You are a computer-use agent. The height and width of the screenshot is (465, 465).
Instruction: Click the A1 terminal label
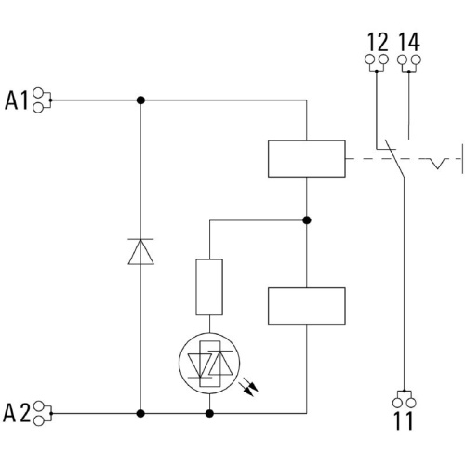pos(17,100)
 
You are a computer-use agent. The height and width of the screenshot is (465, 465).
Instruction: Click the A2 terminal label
pos(17,413)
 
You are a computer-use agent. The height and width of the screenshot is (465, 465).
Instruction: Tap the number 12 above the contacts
pos(378,42)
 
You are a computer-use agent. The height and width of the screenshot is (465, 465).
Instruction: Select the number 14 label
pos(409,42)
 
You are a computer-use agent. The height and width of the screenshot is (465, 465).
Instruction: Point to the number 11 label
pos(404,420)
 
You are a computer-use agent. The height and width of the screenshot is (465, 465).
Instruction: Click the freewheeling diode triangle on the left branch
pos(140,251)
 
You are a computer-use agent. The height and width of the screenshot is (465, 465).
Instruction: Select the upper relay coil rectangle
pos(307,159)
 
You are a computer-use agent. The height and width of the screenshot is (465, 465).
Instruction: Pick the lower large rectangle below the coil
pos(307,306)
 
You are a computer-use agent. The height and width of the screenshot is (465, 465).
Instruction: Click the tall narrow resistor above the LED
pos(209,287)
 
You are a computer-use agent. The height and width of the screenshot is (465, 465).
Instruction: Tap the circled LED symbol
pos(209,364)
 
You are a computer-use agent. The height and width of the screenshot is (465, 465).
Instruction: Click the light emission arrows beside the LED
pos(249,387)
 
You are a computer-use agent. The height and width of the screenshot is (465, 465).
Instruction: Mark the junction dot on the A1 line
pos(140,100)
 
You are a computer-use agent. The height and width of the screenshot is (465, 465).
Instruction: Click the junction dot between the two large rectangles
pos(307,220)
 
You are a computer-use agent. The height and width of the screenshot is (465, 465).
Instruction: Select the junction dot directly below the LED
pos(209,413)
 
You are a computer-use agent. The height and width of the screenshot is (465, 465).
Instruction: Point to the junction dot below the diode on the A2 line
pos(140,413)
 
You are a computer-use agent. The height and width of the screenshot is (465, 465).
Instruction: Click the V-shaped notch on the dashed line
pos(437,164)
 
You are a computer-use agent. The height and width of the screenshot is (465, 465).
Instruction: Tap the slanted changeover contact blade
pos(394,158)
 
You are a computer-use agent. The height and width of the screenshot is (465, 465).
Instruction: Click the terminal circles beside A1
pos(38,100)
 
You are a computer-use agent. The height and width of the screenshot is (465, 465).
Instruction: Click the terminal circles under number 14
pos(409,60)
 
